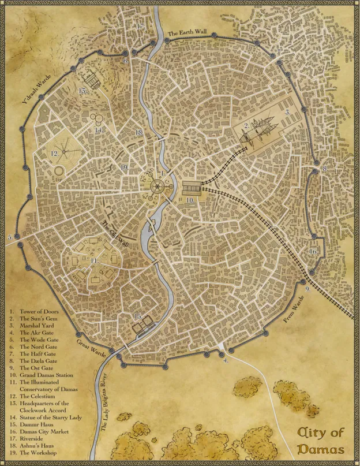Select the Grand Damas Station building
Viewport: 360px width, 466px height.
[192, 189]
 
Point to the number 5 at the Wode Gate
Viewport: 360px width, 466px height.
[10, 237]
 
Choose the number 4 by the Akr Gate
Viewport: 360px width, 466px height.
[226, 360]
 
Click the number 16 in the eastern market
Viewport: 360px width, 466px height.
[313, 252]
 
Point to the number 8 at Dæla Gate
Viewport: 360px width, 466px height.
[325, 169]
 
